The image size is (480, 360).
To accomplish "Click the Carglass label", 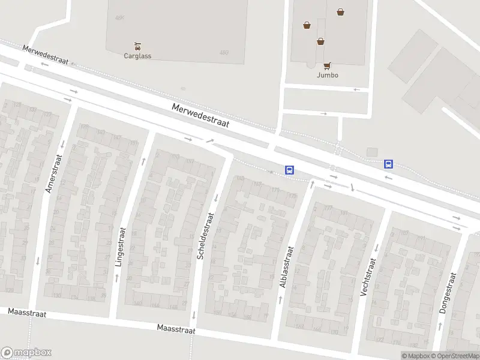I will coord(137,56).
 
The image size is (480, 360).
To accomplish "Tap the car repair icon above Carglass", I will coord(137,46).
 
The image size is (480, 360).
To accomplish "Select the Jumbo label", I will coord(328,75).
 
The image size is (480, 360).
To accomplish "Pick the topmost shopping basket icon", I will coord(341,11).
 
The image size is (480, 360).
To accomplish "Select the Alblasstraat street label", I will coord(287,268).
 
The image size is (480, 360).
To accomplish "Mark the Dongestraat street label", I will coord(448,293).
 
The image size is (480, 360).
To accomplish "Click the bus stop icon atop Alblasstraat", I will coord(289,170).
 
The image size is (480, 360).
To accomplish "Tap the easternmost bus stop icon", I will coord(389,164).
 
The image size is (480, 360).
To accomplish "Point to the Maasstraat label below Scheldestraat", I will coord(176,329).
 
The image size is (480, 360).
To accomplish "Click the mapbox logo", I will coord(26,353).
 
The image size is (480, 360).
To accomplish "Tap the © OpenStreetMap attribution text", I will coord(455,356).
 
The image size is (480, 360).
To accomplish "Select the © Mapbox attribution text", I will coord(416,356).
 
